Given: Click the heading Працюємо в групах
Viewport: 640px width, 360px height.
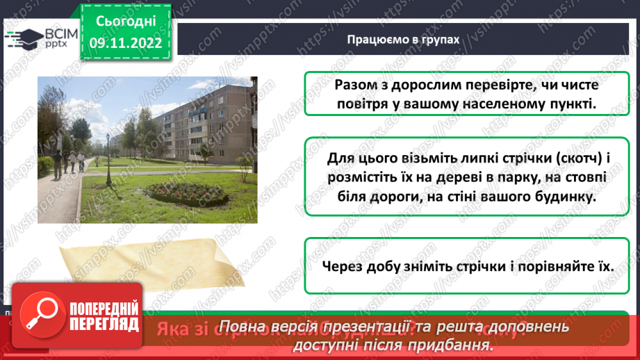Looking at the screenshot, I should click(x=403, y=40).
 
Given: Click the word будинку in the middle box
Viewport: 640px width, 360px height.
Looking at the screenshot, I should click(x=561, y=197).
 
